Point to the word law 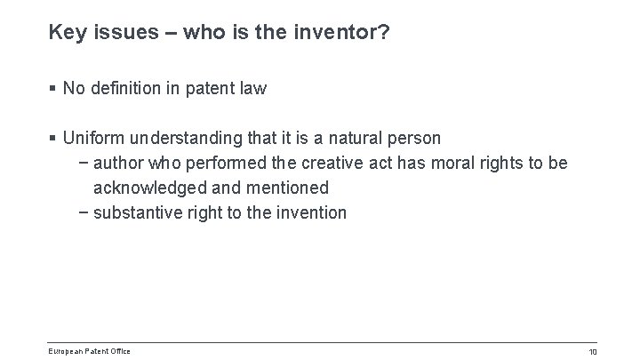click(x=254, y=88)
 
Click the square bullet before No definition click(x=53, y=89)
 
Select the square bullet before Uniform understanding click(x=53, y=140)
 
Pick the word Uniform click(x=95, y=140)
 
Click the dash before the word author click(x=83, y=164)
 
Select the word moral click(x=452, y=164)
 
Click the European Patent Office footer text click(x=90, y=351)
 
